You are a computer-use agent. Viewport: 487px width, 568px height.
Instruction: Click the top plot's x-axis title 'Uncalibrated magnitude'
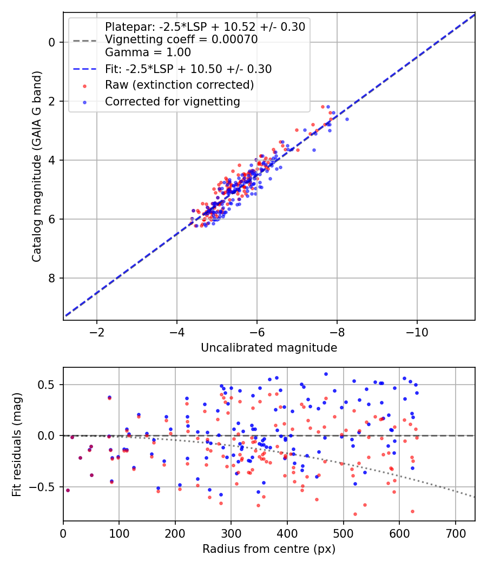click(269, 348)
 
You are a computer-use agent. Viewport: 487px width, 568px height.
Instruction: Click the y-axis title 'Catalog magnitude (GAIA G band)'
click(37, 167)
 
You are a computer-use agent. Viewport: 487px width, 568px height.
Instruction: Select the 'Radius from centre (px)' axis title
click(269, 549)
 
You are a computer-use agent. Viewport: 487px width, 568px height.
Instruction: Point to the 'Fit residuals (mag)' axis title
click(17, 445)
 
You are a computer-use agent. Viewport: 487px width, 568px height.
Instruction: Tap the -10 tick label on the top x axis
click(417, 332)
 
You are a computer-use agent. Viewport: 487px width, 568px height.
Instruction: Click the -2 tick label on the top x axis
click(97, 332)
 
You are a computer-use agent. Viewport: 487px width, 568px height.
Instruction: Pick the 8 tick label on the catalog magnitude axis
click(52, 278)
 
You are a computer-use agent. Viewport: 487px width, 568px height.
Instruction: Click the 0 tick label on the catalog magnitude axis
click(52, 42)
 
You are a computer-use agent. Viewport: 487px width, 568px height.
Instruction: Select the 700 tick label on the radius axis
click(456, 533)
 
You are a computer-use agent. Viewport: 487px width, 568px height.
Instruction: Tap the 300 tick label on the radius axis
click(231, 533)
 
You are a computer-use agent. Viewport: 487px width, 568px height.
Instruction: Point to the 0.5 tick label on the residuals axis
click(46, 385)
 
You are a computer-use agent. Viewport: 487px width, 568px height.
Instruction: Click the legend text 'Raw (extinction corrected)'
click(179, 85)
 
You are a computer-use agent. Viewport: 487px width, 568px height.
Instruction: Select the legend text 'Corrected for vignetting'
click(173, 102)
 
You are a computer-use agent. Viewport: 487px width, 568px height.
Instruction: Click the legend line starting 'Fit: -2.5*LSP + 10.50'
click(188, 69)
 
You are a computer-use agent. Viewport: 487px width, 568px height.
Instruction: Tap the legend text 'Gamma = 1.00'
click(148, 52)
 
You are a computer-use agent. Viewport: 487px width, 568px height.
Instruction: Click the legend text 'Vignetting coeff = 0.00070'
click(181, 39)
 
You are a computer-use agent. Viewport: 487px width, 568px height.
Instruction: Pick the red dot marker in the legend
click(85, 86)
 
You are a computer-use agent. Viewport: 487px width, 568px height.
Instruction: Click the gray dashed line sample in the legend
click(85, 41)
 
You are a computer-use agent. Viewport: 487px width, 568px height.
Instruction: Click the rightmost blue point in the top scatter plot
click(347, 119)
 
